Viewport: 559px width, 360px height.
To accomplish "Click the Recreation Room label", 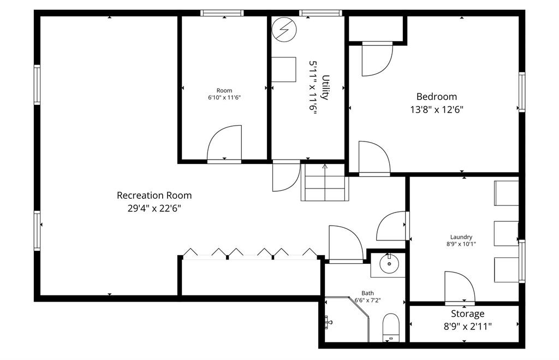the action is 154,196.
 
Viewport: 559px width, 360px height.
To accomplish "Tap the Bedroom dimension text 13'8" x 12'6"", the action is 436,110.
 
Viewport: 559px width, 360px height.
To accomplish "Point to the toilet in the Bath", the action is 391,327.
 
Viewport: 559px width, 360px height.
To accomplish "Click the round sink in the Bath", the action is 388,264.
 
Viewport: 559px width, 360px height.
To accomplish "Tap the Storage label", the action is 467,314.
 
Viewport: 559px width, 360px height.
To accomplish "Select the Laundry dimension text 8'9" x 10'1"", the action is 461,244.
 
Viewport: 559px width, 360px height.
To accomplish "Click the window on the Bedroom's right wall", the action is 521,92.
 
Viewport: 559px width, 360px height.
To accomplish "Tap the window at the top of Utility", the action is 320,13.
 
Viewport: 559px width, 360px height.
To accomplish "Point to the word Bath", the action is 367,293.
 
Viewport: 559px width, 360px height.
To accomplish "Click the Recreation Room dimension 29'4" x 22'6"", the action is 154,208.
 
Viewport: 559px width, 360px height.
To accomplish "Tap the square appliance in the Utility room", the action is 284,69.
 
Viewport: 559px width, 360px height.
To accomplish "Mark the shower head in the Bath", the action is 329,322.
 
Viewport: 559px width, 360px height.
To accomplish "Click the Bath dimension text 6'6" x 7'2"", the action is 367,300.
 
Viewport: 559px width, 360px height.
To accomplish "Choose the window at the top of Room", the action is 222,13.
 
